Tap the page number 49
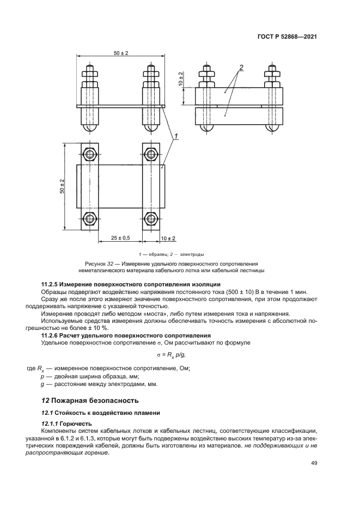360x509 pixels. (314, 463)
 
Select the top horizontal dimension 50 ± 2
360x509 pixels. (121, 53)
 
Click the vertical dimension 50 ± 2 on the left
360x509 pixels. (62, 187)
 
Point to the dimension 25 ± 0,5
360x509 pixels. (120, 238)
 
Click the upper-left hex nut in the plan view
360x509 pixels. (90, 154)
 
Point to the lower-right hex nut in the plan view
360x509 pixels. (151, 220)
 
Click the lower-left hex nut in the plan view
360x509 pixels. (90, 220)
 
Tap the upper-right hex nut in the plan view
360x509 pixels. (151, 154)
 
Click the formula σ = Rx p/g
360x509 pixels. (179, 355)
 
